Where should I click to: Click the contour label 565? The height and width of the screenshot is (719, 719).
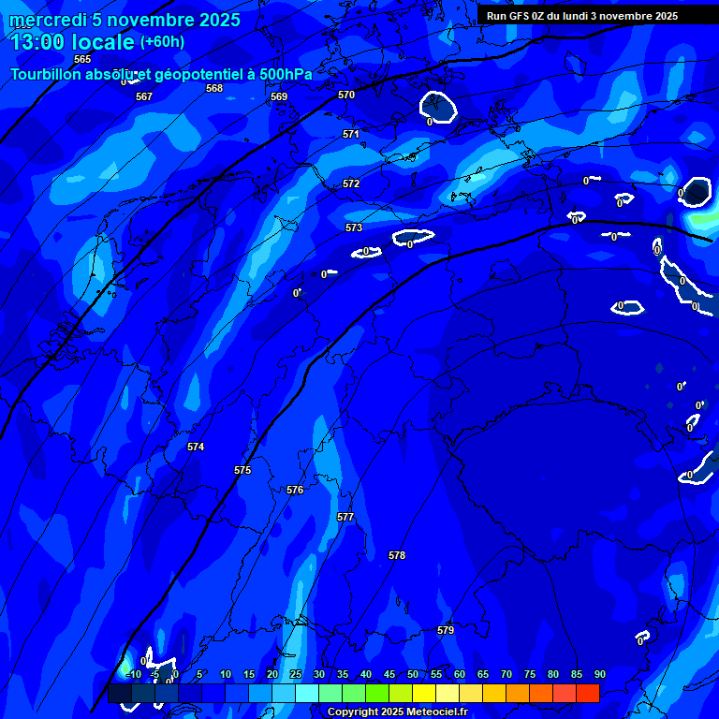(x=82, y=59)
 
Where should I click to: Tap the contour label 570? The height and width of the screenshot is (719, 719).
(x=346, y=95)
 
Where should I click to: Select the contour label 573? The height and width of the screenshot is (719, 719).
(x=354, y=227)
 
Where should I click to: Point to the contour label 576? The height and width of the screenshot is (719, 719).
(x=295, y=490)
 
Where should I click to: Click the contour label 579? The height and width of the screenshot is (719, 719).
(x=446, y=630)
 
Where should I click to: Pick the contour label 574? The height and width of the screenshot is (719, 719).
(x=196, y=447)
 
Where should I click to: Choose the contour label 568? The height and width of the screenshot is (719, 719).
(x=214, y=88)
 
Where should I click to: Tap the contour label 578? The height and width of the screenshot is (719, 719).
(x=397, y=555)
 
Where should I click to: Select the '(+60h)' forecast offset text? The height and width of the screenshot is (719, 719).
(x=162, y=42)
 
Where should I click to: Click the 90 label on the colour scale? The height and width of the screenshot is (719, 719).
(x=599, y=674)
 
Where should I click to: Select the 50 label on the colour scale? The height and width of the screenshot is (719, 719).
(x=413, y=674)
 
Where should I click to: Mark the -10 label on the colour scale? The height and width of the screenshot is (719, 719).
(x=133, y=674)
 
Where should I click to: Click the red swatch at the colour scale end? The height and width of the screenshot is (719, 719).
(x=588, y=693)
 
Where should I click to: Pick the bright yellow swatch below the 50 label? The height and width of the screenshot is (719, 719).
(x=424, y=693)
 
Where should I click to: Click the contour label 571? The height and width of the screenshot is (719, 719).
(x=351, y=134)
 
